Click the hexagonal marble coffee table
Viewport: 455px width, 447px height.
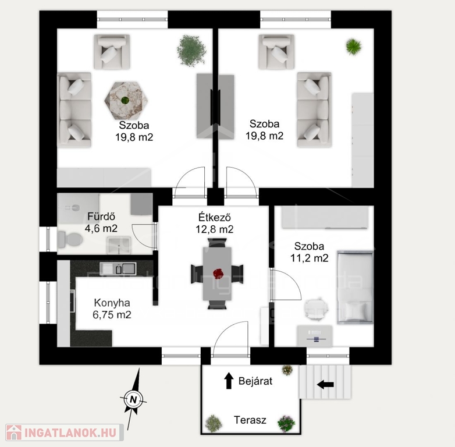point(126,101)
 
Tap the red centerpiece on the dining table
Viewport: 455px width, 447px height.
point(218,274)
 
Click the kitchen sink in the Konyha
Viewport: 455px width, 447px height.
point(118,269)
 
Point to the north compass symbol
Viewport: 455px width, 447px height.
point(133,399)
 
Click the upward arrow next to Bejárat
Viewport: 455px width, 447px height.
point(229,381)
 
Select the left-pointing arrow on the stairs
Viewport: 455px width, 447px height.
point(325,385)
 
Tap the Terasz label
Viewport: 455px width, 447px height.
point(250,420)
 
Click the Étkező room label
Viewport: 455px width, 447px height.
point(215,217)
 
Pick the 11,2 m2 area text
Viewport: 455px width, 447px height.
point(310,258)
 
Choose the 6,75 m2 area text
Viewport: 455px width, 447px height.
point(112,315)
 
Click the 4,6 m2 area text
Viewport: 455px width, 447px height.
point(101,228)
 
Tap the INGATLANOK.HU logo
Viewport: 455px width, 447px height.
point(64,433)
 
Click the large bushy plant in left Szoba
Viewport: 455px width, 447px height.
point(191,51)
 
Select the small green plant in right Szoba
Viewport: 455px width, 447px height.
point(354,47)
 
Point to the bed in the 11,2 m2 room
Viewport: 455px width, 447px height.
point(355,288)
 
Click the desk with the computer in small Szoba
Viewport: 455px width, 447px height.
point(315,336)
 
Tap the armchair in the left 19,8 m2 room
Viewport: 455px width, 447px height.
point(112,52)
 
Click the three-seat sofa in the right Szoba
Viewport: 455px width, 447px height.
point(314,110)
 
